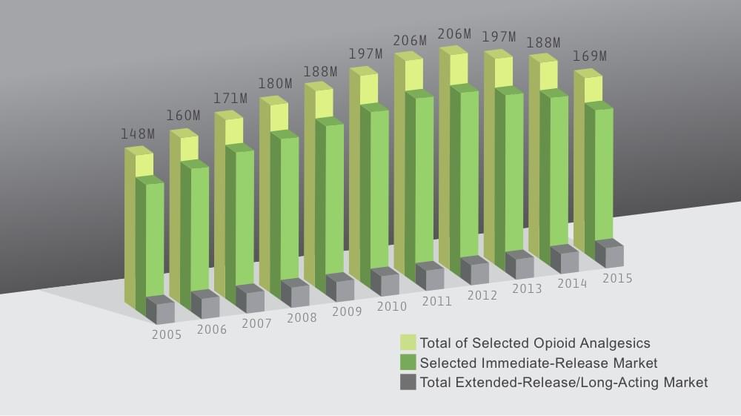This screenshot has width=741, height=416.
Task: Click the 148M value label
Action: coord(138,134)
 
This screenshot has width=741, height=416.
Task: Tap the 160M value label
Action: coord(183,116)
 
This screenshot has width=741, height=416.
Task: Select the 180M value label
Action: coord(275,83)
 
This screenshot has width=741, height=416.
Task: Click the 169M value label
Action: coord(589,56)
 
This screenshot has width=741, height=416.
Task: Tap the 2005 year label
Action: coord(167,334)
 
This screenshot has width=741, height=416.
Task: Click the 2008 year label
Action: coord(302,317)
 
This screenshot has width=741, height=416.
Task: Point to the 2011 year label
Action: coord(436,301)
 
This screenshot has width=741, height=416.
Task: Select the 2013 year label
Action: coord(527,288)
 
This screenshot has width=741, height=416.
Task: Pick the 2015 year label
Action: coord(617,278)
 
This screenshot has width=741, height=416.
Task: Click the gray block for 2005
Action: coord(161,310)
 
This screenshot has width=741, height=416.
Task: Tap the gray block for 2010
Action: coord(385,282)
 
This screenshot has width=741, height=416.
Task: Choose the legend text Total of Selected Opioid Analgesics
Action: coord(534,343)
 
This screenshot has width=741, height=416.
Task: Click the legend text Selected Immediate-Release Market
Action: coord(538,363)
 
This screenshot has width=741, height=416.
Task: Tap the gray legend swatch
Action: coord(408,383)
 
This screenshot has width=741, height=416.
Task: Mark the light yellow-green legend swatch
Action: coord(408,343)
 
